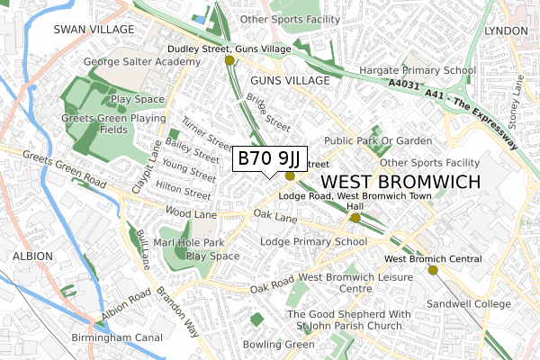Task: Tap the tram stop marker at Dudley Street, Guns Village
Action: click(x=229, y=60)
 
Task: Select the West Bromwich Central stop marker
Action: click(x=433, y=270)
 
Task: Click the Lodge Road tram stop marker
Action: click(x=355, y=218)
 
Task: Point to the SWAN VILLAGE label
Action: click(x=94, y=29)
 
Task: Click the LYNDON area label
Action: click(x=505, y=30)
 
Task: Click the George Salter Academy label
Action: click(x=141, y=61)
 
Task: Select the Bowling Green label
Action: click(x=278, y=344)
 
